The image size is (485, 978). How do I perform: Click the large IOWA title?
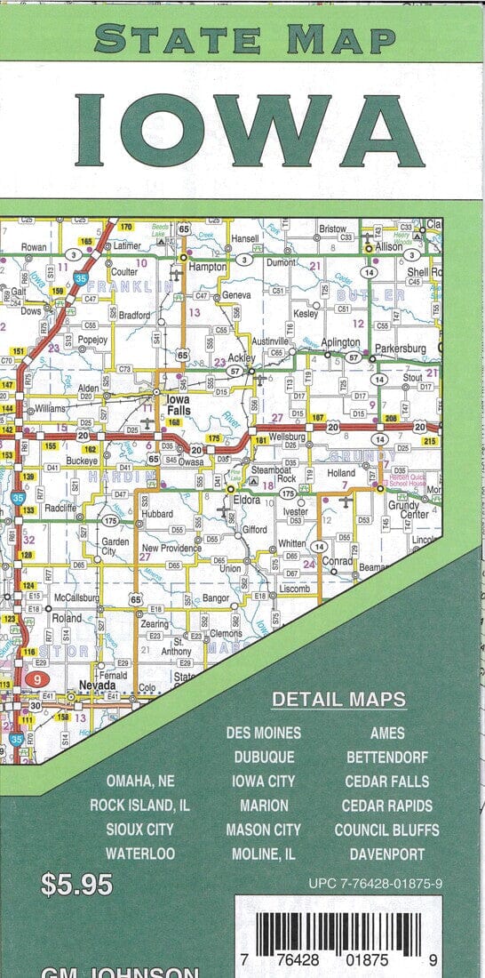pos(250,131)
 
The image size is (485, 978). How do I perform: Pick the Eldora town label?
pos(248,501)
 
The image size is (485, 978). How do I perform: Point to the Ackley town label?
pos(242,358)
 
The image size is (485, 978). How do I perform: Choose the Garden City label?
pos(115,546)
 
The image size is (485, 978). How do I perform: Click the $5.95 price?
pos(77,885)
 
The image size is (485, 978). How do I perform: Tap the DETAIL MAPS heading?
pos(339,700)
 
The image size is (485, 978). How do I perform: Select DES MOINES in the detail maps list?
pos(263,733)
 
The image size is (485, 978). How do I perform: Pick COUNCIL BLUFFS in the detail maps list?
pos(386,830)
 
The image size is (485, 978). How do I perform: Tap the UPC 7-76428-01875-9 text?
pos(376,885)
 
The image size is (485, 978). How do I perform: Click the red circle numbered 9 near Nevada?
pos(36,678)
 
